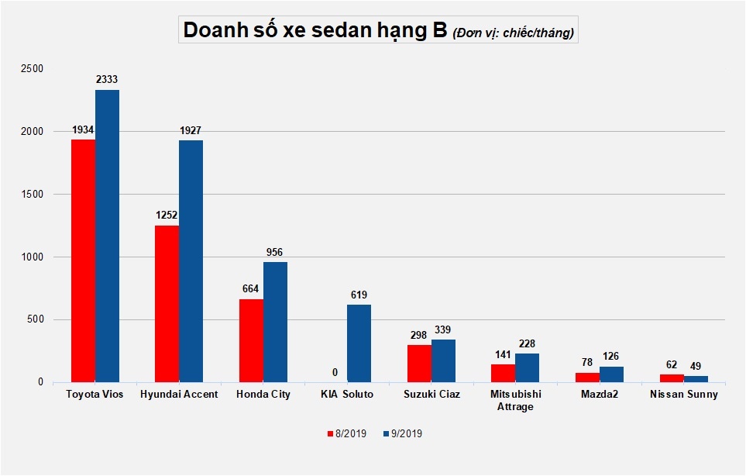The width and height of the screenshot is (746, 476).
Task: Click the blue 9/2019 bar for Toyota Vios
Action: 107,236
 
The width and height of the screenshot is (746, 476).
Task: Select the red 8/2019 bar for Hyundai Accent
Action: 167,303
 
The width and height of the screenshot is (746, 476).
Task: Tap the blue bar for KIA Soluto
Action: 358,343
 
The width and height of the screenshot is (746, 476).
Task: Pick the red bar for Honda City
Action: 251,340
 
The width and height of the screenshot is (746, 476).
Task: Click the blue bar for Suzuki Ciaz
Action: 443,360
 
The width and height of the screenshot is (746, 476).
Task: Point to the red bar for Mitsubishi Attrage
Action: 503,373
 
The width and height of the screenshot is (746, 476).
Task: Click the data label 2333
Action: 107,79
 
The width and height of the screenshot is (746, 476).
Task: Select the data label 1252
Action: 167,215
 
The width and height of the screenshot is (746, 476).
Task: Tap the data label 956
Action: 275,252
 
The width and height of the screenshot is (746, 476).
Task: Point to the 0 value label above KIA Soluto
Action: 335,372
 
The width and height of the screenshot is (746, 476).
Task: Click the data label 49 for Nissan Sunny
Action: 695,366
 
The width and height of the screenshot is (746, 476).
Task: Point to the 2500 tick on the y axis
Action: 32,69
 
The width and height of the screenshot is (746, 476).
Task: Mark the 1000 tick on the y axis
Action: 32,257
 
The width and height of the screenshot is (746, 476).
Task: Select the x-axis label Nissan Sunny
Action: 683,395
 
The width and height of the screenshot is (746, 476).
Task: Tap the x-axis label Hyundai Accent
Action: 180,395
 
